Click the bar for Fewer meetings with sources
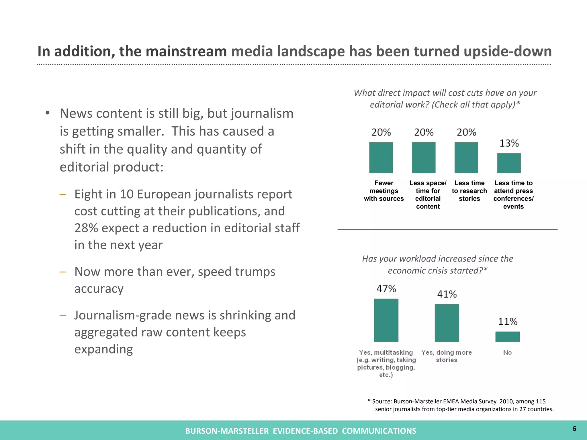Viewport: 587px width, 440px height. coord(381,158)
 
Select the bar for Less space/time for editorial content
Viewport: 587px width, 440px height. coord(424,158)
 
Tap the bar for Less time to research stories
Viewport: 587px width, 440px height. coord(466,158)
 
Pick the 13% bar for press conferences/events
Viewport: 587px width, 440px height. coord(509,163)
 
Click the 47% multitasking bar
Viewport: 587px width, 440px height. coord(386,320)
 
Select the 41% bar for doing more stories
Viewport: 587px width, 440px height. coord(447,323)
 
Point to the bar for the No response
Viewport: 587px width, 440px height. coord(507,337)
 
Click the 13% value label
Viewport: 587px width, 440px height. coord(509,143)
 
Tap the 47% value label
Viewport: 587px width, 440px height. coord(386,289)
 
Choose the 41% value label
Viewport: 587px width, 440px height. coord(447,294)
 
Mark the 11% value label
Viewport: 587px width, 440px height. coord(508,322)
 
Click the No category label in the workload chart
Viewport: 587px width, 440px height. coord(507,353)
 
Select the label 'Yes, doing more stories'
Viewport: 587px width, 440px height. coord(446,356)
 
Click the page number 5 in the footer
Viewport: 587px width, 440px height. coord(574,429)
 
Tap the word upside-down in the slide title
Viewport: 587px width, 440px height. coord(507,52)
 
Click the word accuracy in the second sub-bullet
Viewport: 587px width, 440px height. coord(99,289)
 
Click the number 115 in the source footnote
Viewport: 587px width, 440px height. coord(540,402)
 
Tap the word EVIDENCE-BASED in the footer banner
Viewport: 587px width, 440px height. coord(305,431)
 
